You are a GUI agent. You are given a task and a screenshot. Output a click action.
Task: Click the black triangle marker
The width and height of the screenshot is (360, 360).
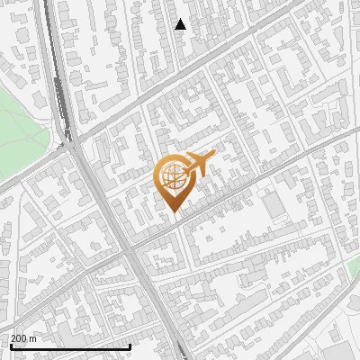point(181,24)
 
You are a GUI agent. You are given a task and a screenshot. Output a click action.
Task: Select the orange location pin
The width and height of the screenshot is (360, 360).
point(174,180)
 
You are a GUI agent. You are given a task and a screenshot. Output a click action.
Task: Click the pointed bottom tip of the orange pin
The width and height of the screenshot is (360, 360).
point(173,211)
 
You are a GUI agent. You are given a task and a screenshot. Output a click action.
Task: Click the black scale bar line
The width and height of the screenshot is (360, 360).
point(69,346)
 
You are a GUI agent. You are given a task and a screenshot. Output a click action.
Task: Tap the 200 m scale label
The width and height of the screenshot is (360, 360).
point(24,338)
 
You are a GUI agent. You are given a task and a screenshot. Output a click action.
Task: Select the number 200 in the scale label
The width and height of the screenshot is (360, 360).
point(20,338)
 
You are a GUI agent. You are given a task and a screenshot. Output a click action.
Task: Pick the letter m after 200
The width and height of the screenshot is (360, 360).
point(33,338)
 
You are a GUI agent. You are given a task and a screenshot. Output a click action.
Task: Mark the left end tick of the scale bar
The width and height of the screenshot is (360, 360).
point(10,345)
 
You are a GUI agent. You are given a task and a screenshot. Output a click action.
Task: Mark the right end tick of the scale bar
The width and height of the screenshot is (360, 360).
point(130,345)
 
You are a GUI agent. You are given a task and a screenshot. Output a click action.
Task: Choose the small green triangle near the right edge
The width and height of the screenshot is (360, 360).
point(354,262)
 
